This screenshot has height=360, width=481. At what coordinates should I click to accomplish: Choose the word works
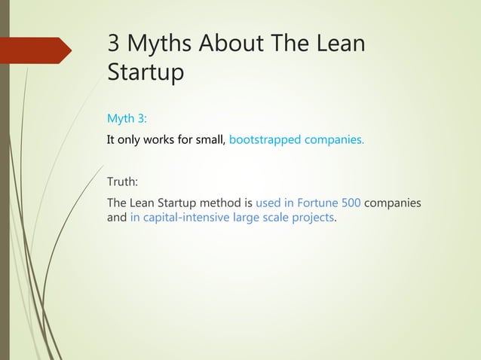coord(162,139)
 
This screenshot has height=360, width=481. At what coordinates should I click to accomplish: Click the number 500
coord(349,203)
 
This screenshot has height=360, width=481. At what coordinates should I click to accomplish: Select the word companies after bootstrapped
coord(335,139)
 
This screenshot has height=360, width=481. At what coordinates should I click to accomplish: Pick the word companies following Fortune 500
coord(392,203)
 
